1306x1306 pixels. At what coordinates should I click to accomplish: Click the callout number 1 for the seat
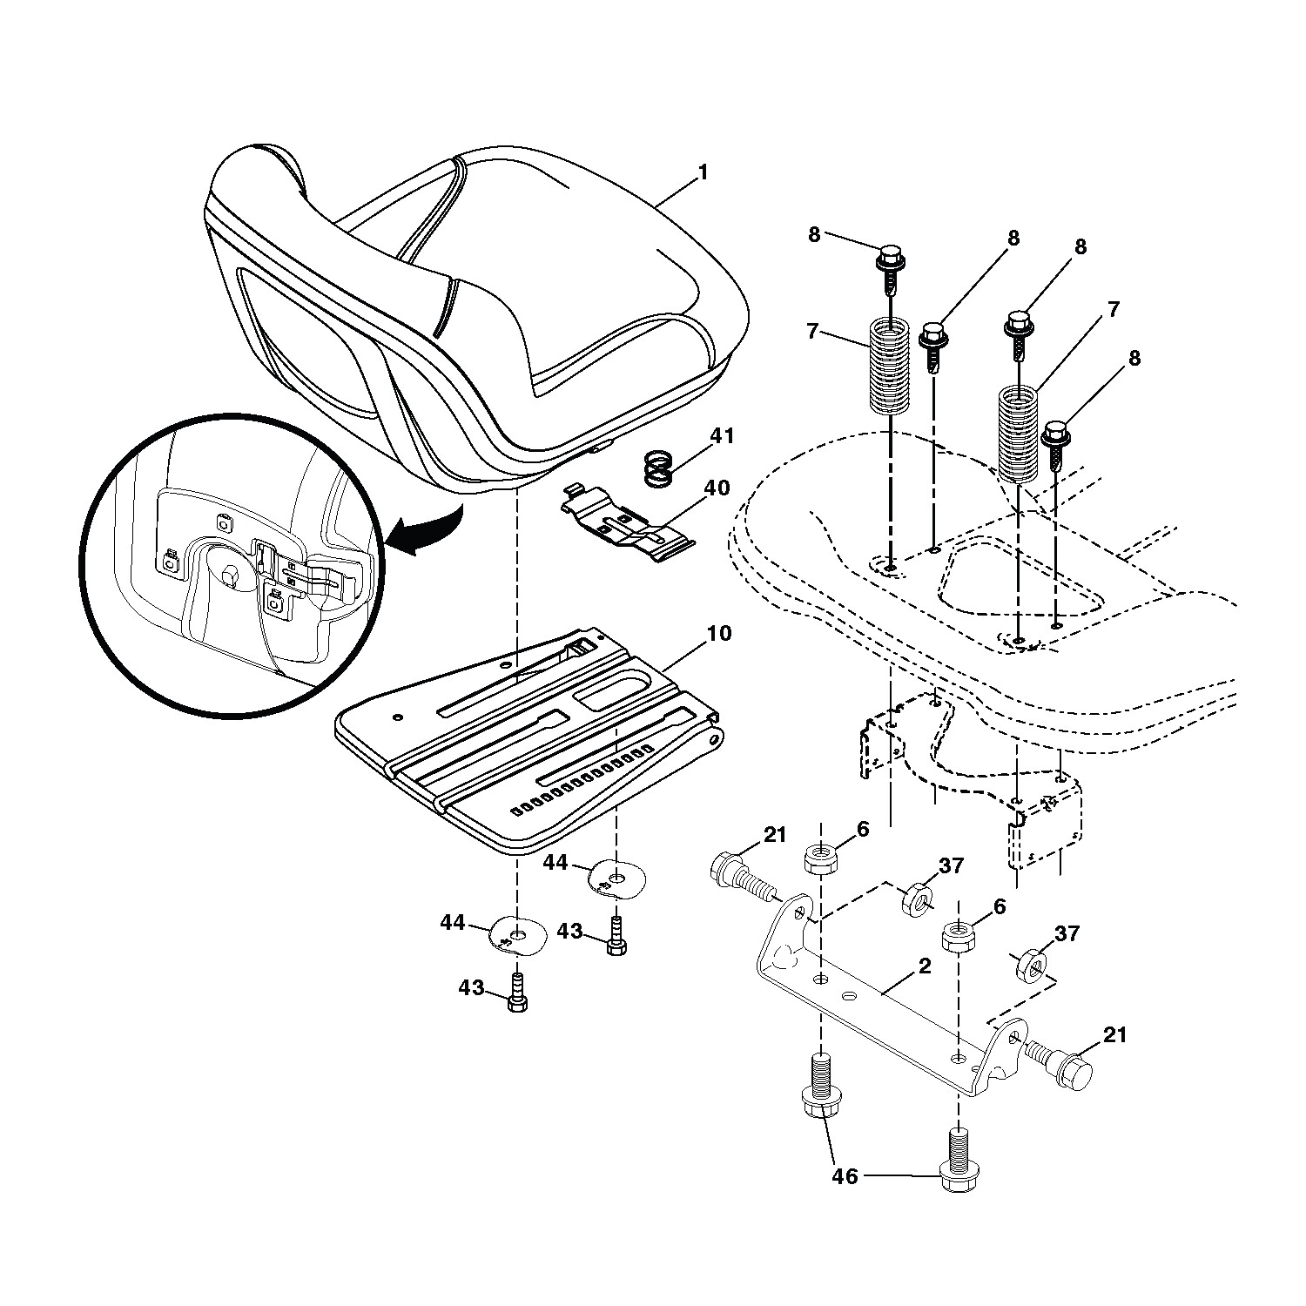click(703, 172)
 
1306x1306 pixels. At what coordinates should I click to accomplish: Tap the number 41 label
click(722, 436)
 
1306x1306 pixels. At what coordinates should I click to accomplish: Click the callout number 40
click(716, 488)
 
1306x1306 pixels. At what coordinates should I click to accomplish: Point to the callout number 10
click(719, 633)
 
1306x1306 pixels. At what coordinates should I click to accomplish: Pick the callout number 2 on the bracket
click(924, 966)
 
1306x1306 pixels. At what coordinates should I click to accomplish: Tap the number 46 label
click(845, 1177)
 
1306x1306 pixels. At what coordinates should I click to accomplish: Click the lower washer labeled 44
click(519, 934)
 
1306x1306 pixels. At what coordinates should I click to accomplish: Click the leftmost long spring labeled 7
click(890, 366)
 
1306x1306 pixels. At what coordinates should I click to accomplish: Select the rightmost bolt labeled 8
click(1055, 443)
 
